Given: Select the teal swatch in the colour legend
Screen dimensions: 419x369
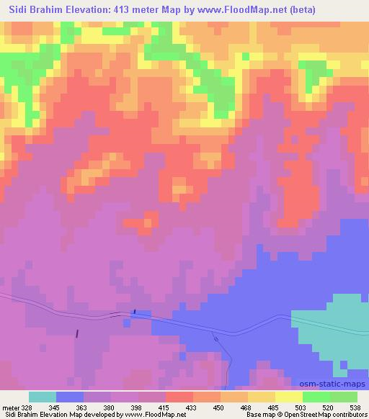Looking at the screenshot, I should [43, 397].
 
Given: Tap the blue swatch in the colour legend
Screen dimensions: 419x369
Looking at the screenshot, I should [70, 397].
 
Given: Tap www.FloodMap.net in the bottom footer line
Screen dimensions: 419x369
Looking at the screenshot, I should [149, 415].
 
